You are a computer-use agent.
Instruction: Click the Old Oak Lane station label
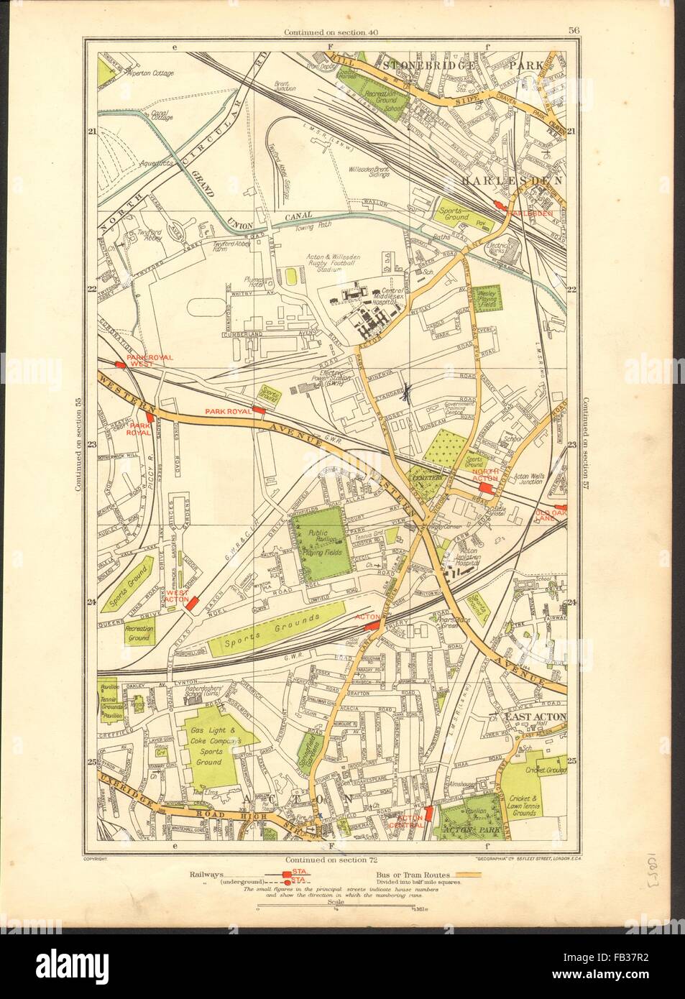click(552, 515)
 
